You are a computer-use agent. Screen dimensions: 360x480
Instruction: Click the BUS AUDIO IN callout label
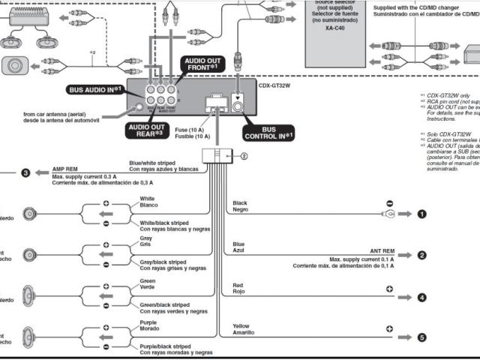click(x=95, y=89)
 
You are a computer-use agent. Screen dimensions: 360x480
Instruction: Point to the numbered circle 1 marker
click(x=421, y=214)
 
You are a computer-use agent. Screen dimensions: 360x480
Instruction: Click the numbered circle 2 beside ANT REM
click(x=421, y=255)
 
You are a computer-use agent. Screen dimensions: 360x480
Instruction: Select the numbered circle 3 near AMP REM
click(x=25, y=173)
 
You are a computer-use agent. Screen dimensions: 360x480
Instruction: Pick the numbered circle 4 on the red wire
click(x=421, y=297)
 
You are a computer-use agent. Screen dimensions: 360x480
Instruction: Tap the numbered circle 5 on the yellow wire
click(x=421, y=337)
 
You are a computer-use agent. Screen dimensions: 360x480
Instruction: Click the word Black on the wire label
click(x=240, y=203)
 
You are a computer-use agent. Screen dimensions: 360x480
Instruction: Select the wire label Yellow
click(x=242, y=326)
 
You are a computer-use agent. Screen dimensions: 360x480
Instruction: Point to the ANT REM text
click(x=382, y=251)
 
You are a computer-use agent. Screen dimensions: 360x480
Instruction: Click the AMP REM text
click(x=65, y=169)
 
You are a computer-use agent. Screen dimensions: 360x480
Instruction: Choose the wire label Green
click(x=148, y=280)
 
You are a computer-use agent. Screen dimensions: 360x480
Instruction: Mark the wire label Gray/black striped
click(x=163, y=262)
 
